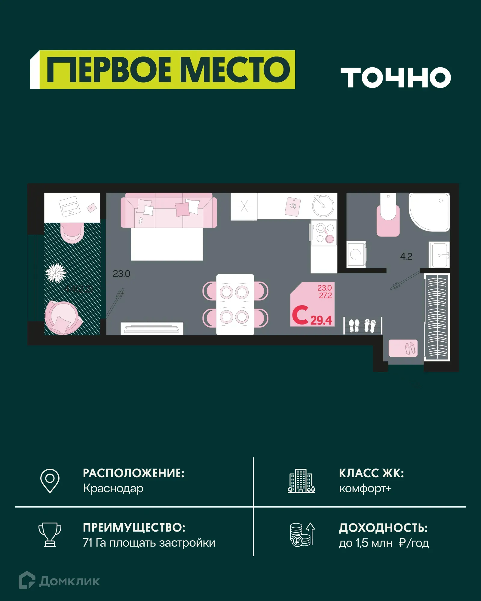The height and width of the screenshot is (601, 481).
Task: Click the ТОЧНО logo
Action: coord(396,78)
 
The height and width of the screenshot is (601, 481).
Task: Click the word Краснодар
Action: coord(113,488)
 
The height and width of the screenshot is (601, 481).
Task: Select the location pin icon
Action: coord(50,480)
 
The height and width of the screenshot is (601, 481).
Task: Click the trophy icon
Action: coord(50,535)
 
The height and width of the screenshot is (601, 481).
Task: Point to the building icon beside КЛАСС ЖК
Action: coord(301,481)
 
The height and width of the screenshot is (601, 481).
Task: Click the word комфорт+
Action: coord(365,488)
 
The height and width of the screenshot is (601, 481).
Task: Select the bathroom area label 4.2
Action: coord(406,256)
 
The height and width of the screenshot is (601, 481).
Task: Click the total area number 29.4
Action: coord(321,320)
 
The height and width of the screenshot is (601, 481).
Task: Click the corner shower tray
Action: coord(429,212)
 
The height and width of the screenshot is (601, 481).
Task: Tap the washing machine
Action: coord(356,254)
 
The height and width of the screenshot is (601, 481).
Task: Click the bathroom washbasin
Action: coord(440,255)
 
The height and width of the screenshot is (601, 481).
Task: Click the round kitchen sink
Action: coord(323,206)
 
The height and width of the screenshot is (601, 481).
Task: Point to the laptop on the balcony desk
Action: coord(69,206)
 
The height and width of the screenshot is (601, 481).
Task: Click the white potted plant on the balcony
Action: coord(56,273)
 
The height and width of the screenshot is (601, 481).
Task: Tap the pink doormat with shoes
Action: coord(403,348)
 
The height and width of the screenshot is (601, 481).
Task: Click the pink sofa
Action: coord(169,210)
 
